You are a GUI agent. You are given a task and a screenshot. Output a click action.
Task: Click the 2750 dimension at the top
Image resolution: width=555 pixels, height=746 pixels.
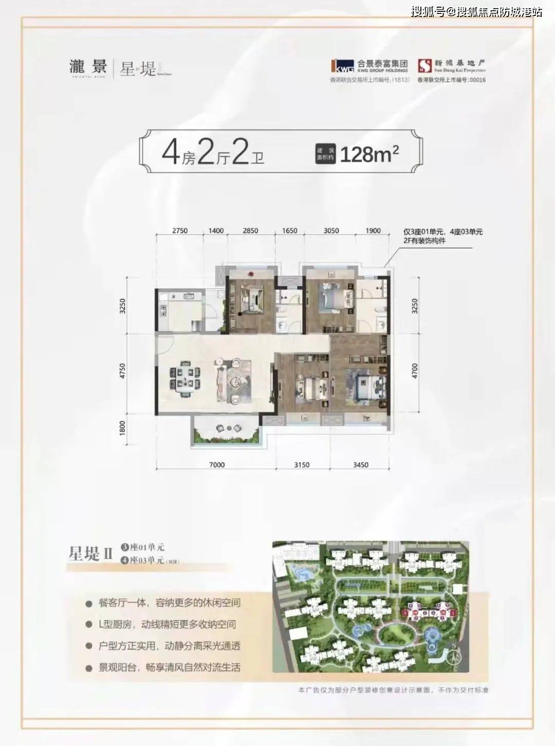180,231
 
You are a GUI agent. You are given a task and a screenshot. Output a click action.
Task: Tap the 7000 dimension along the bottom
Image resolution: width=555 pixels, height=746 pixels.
217,465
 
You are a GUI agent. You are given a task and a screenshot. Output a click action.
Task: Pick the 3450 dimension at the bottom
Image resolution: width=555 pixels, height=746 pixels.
360,465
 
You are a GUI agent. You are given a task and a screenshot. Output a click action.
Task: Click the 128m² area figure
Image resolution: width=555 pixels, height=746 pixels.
369,154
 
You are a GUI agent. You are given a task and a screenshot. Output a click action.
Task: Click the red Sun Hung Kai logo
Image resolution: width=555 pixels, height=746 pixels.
424,65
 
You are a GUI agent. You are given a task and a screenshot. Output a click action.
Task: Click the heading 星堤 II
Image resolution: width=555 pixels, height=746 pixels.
90,554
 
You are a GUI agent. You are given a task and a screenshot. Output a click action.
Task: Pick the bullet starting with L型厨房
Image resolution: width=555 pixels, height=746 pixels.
167,624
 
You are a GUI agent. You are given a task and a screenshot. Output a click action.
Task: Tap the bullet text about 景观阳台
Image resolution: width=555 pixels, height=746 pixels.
169,667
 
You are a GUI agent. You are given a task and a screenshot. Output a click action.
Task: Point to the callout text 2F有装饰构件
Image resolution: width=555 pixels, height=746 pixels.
424,241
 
